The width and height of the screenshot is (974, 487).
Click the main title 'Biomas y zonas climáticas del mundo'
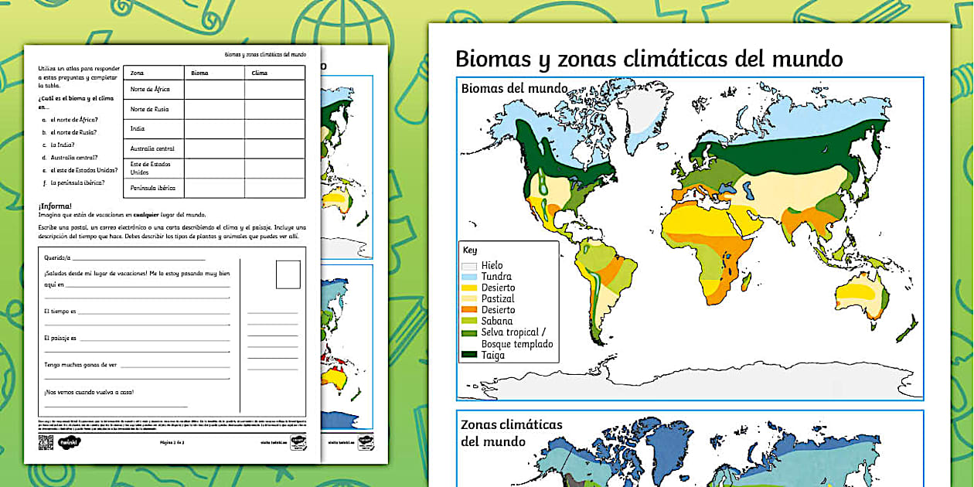(x=649, y=59)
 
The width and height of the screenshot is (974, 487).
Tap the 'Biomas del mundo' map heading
(x=514, y=88)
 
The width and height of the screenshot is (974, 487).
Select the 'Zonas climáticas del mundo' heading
(x=511, y=433)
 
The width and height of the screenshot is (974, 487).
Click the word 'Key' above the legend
(x=470, y=250)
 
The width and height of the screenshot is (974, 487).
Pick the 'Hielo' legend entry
(x=492, y=265)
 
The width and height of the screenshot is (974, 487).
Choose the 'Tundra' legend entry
(x=496, y=276)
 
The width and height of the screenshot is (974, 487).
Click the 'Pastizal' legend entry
(x=497, y=298)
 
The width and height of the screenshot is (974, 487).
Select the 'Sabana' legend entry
(x=496, y=321)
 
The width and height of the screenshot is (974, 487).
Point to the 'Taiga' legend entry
(x=492, y=355)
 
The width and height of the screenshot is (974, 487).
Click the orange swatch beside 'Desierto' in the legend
(x=469, y=310)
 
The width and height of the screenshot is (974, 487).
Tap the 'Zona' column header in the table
(x=138, y=73)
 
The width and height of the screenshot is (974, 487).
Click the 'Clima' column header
(x=260, y=73)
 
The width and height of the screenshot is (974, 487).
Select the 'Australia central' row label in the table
(x=152, y=148)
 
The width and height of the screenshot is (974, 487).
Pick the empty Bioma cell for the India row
(x=214, y=129)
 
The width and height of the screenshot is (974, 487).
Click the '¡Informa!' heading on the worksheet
(x=55, y=206)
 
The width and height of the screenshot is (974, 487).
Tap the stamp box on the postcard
(x=288, y=274)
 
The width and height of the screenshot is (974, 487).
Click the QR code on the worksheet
(x=46, y=442)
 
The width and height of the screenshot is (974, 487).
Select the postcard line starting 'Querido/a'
(x=57, y=257)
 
